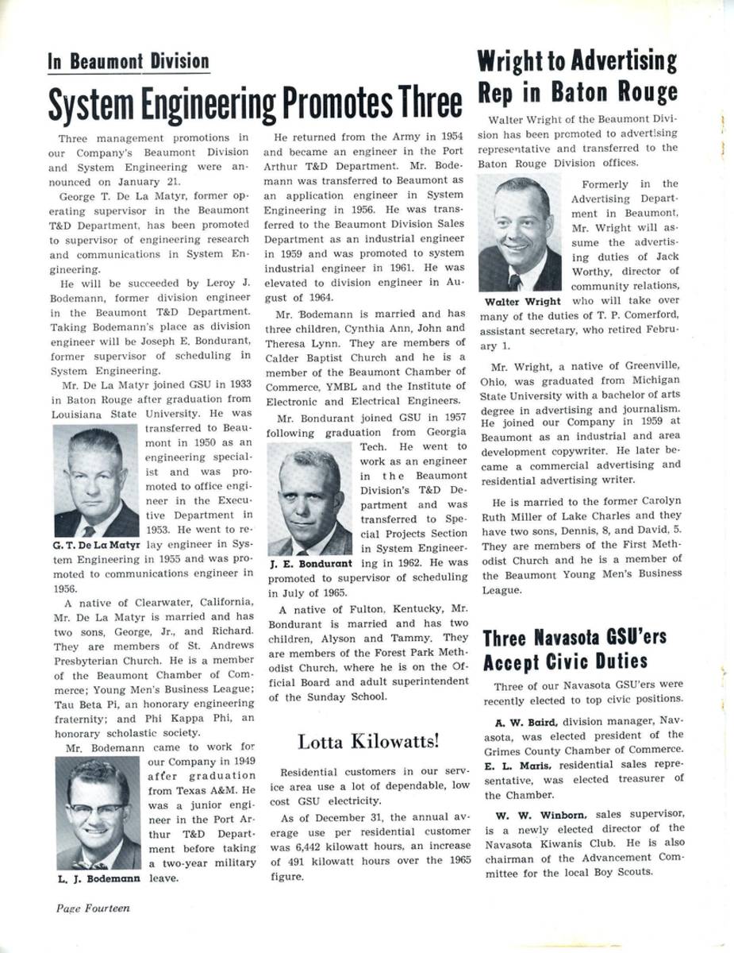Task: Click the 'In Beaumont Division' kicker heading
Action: point(129,62)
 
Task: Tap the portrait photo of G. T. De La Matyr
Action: point(96,481)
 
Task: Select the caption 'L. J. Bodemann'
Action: point(99,879)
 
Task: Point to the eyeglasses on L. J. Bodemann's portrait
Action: point(97,810)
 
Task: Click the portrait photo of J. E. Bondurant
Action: point(309,499)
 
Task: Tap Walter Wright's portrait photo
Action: point(520,233)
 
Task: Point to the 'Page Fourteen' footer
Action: point(92,907)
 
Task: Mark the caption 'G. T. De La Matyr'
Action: point(97,546)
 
